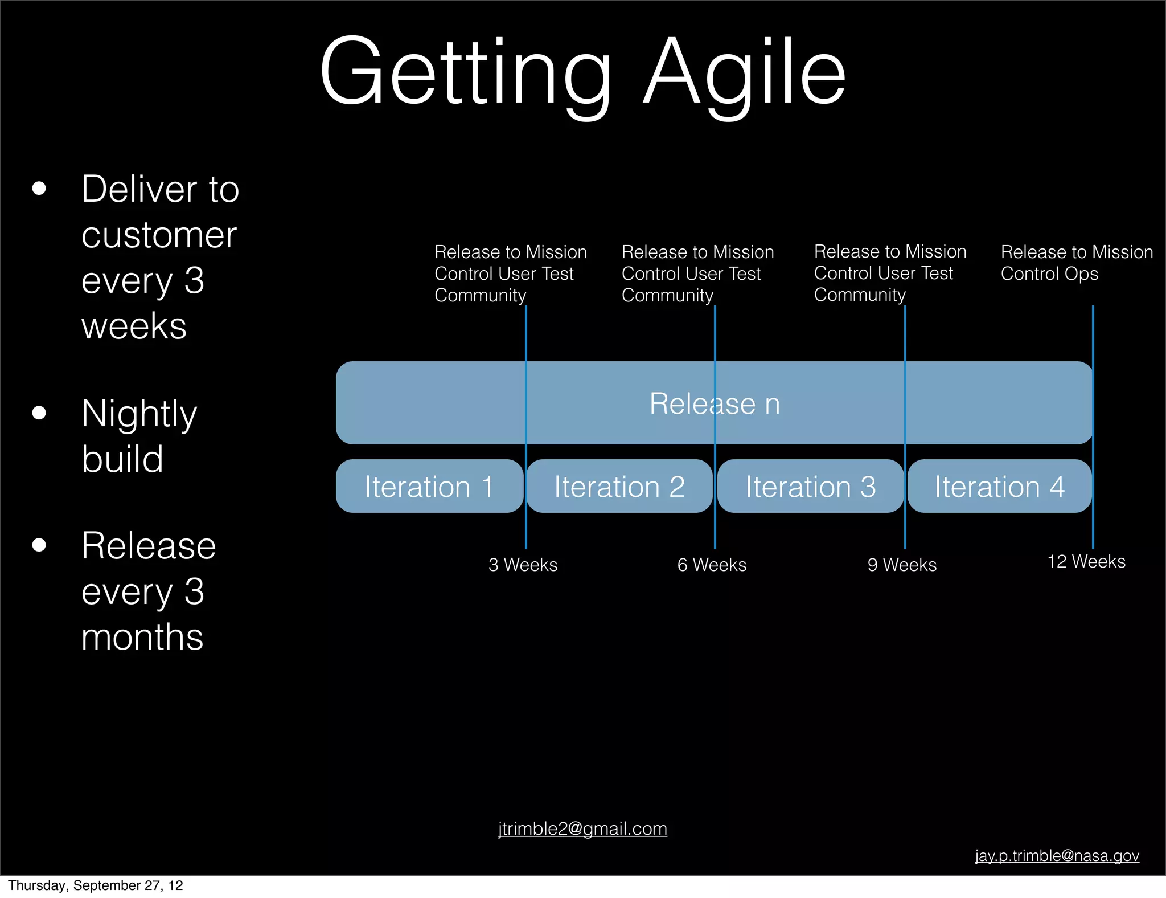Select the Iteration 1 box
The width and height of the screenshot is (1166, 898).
[x=429, y=486]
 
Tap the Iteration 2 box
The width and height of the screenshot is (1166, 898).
[x=619, y=486]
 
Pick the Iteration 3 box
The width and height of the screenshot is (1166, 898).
[x=810, y=486]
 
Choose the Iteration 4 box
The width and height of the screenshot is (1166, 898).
[x=999, y=486]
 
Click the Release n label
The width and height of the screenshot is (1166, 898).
[x=715, y=403]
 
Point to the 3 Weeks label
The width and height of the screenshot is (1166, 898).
[x=523, y=565]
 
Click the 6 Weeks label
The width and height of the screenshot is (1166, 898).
[x=712, y=565]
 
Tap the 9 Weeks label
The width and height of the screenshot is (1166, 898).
[x=902, y=565]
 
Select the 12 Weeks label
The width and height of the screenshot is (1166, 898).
[x=1086, y=561]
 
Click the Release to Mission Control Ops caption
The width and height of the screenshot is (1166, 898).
[x=1076, y=263]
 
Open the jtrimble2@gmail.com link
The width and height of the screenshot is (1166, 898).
[x=582, y=828]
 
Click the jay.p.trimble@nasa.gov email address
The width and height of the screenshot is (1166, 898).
[x=1057, y=855]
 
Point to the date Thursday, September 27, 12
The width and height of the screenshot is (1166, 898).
[x=96, y=885]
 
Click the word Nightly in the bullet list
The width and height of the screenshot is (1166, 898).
[x=139, y=414]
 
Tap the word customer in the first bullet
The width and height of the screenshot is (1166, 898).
[x=159, y=235]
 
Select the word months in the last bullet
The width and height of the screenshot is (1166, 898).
[x=142, y=637]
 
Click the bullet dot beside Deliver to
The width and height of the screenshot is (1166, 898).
[x=39, y=189]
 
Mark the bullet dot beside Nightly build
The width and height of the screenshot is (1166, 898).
[x=39, y=413]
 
